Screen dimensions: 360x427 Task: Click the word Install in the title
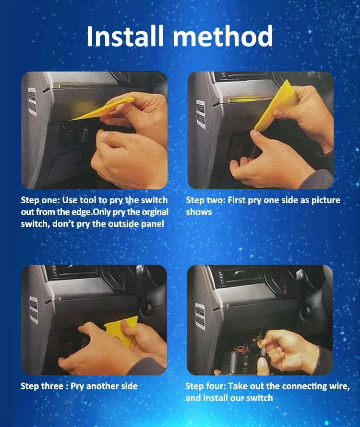[125, 36]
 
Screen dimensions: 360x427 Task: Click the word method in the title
[223, 36]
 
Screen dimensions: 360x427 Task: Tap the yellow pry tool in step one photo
[103, 109]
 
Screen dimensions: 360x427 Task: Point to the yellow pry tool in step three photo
[122, 330]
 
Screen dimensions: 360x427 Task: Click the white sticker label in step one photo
[32, 101]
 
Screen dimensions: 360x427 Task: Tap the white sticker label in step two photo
[201, 114]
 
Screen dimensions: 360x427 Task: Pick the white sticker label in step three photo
[34, 310]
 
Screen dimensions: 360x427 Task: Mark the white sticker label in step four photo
[200, 317]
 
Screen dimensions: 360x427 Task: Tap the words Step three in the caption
[42, 386]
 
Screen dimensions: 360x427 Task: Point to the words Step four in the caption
[205, 386]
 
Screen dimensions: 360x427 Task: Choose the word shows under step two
[199, 212]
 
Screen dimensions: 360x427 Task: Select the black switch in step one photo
[73, 134]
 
